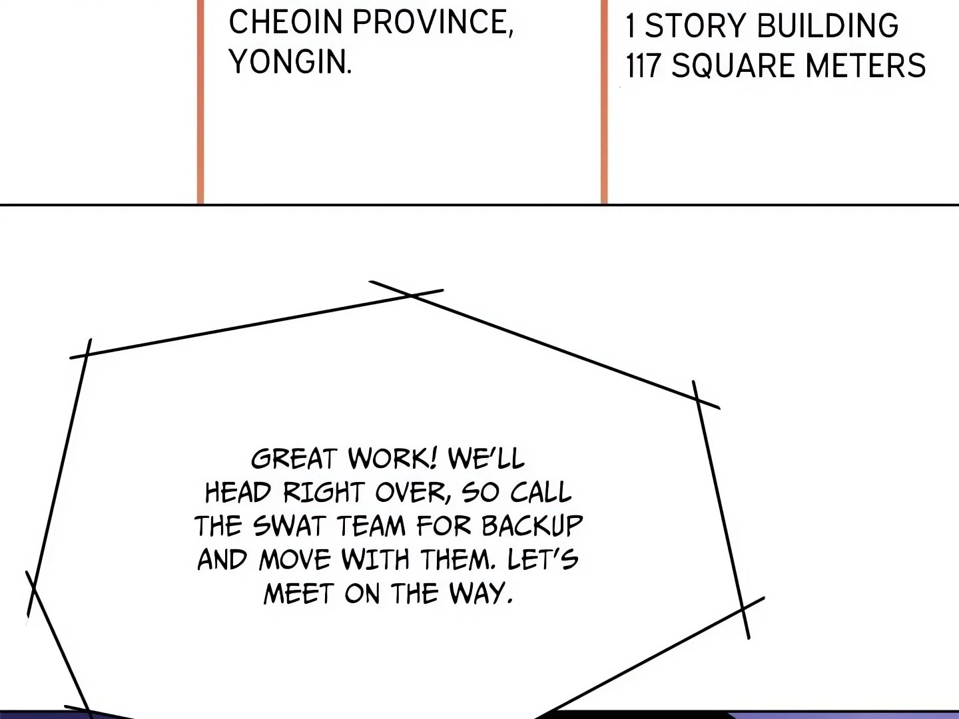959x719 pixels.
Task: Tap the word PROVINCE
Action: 432,22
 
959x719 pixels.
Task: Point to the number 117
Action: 643,66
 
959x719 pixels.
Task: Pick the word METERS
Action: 865,66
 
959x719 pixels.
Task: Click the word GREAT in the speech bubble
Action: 294,459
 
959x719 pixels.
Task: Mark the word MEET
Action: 298,593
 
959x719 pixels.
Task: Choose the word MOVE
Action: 294,559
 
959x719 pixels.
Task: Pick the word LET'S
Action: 543,559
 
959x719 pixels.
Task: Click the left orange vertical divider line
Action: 200,100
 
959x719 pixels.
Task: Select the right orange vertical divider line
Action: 605,100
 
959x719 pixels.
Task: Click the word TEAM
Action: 371,526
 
